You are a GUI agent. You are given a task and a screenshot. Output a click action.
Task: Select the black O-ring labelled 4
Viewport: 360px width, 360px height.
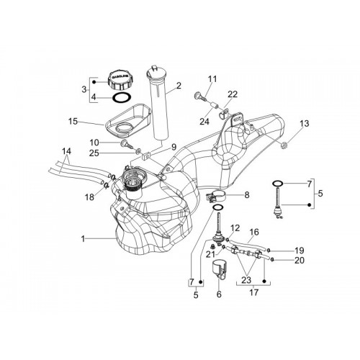122,98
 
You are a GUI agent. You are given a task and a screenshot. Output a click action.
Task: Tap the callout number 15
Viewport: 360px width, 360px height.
73,122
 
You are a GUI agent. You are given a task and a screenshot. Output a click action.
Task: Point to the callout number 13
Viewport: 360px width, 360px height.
304,124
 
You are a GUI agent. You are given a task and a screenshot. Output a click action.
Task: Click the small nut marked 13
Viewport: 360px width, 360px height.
284,145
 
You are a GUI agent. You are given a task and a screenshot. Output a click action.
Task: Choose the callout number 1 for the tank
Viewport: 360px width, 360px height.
83,239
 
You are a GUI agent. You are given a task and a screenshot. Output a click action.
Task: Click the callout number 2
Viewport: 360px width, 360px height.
179,86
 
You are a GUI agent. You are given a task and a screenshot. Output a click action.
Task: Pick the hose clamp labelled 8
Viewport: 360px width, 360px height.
215,195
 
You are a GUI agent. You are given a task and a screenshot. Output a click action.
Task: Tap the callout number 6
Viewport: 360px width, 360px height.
219,294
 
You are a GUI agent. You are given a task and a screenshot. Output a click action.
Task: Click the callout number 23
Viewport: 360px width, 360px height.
246,280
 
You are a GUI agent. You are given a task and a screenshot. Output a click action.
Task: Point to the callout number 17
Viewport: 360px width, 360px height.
254,292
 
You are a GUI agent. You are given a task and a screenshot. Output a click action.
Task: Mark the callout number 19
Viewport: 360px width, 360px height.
300,251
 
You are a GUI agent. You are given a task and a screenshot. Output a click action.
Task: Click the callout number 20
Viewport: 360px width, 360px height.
300,260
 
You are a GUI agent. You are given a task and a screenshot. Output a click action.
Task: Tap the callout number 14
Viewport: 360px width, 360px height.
66,151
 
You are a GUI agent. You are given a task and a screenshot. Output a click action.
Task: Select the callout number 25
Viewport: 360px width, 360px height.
94,153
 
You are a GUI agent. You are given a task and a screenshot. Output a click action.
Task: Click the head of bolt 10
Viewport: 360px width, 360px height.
124,143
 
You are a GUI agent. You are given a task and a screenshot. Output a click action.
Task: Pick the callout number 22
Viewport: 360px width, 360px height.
233,94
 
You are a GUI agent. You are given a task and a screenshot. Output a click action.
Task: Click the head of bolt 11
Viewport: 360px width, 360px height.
197,96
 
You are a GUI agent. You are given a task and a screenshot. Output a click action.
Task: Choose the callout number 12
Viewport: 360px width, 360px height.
235,228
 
